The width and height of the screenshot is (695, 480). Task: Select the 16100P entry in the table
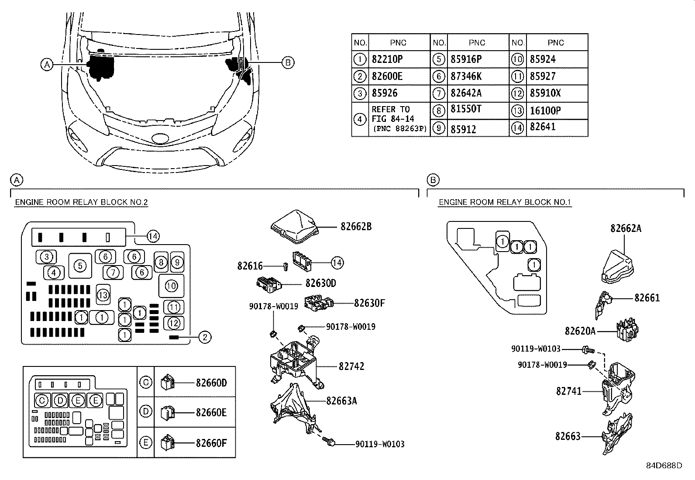[x=545, y=111]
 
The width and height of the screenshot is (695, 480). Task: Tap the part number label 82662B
[x=356, y=227]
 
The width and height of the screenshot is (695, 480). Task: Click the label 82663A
[x=341, y=401]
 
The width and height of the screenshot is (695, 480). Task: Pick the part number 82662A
[x=626, y=228]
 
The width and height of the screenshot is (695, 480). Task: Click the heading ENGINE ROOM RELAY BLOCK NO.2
[x=82, y=202]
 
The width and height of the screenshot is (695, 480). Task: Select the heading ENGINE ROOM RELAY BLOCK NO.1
[x=505, y=202]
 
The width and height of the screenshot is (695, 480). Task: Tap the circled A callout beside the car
[x=47, y=65]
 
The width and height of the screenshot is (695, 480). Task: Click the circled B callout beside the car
[x=288, y=62]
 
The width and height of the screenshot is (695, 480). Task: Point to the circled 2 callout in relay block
[x=205, y=337]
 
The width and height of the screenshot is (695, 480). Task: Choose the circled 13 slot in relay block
[x=103, y=295]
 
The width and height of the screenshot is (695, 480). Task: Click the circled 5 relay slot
[x=80, y=265]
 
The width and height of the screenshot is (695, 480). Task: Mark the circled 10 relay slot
[x=171, y=286]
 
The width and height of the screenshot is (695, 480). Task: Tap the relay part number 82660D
[x=211, y=383]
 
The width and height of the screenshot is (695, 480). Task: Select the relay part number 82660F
[x=211, y=443]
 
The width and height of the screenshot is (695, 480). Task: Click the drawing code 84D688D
[x=664, y=466]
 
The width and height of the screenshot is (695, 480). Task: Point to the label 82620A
[x=580, y=331]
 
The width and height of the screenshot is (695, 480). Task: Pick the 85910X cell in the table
[x=545, y=93]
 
